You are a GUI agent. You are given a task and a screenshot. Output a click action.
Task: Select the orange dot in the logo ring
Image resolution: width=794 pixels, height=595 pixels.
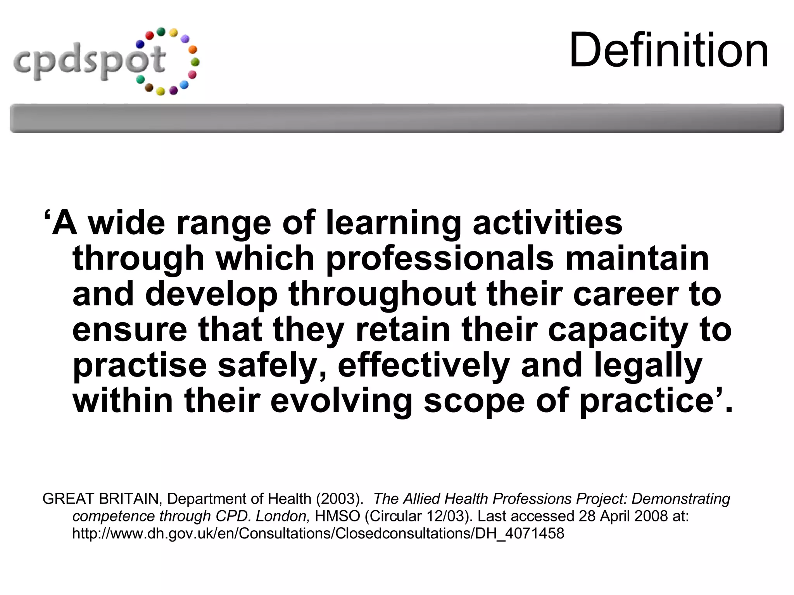192,50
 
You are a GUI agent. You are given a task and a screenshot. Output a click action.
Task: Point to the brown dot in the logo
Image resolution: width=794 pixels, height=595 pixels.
149,89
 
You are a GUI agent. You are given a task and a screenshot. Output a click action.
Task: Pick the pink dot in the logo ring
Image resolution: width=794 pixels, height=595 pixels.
192,74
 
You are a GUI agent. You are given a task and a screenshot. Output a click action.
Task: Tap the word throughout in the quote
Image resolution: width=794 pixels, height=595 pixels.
382,294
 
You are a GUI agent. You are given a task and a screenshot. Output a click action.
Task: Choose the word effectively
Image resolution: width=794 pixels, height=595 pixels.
423,366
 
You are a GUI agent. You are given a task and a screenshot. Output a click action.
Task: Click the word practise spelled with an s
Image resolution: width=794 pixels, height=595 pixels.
140,366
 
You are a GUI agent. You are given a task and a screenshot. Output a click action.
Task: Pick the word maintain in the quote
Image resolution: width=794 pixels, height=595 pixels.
637,259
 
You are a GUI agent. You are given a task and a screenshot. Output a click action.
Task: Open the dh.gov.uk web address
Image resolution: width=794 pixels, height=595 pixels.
318,534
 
